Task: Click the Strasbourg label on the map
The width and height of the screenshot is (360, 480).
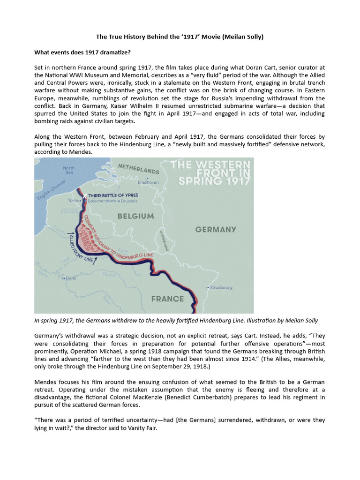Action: tap(221, 287)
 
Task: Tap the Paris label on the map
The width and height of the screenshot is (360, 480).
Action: tap(70, 278)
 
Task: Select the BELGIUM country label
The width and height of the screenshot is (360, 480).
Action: tap(135, 216)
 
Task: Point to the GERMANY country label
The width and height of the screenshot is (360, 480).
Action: tap(216, 230)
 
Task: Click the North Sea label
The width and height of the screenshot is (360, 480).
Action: tap(69, 171)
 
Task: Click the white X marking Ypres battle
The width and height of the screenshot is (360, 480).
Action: tap(84, 195)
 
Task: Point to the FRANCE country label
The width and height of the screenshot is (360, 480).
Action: tap(167, 299)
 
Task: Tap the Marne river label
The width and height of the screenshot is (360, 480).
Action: tap(108, 275)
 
